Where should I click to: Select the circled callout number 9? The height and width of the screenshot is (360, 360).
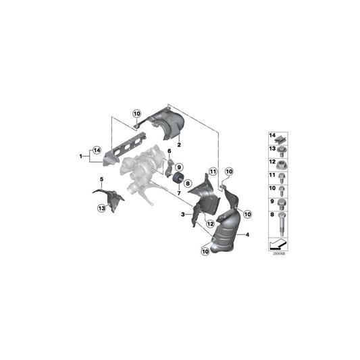coord(180,167)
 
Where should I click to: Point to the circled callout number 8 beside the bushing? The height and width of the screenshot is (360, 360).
coord(187,182)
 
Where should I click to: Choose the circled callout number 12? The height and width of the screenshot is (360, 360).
coord(210,224)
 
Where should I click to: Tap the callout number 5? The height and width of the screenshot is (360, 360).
coord(102,179)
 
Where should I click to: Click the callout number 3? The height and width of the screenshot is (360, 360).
coord(182,215)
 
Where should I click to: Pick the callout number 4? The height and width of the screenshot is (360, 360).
coord(248,234)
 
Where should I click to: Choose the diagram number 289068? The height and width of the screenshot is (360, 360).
coord(278,255)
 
